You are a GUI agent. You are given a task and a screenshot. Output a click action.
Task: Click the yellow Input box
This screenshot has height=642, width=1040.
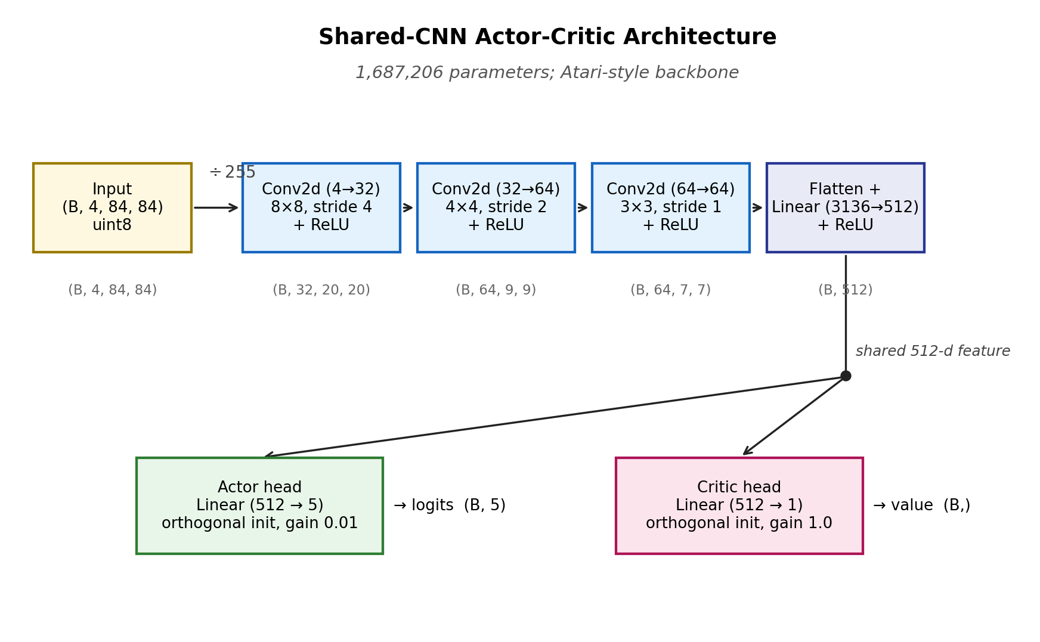click(112, 207)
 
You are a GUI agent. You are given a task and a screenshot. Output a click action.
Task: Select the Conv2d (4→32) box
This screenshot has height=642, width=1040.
click(321, 207)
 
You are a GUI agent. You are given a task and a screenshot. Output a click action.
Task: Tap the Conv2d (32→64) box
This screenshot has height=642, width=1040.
click(496, 207)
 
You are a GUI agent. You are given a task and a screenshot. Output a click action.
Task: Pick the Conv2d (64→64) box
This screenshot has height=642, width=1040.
click(671, 207)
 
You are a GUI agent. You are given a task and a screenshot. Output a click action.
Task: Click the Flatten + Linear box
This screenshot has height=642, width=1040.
click(846, 207)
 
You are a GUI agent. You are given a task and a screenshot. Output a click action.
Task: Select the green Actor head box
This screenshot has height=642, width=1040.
click(259, 505)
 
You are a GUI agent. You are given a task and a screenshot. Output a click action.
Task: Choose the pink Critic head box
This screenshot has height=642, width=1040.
click(739, 505)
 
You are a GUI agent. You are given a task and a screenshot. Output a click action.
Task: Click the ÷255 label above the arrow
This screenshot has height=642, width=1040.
click(233, 173)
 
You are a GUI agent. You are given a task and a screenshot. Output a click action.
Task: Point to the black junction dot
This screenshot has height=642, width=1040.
click(846, 376)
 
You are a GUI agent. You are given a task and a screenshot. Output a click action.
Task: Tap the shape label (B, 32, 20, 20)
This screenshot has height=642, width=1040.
click(321, 290)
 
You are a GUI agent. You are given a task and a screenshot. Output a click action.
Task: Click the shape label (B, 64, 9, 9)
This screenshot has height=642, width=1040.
click(496, 290)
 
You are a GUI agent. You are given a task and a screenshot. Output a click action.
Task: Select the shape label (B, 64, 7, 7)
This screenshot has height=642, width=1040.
click(671, 290)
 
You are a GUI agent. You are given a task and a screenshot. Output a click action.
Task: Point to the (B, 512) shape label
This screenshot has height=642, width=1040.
click(846, 290)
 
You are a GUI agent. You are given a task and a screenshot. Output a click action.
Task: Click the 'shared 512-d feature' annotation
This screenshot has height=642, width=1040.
click(933, 351)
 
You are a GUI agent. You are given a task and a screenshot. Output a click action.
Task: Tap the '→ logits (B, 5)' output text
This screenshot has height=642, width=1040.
click(450, 505)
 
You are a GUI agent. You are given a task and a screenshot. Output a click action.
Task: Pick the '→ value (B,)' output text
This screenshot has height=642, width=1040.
click(922, 505)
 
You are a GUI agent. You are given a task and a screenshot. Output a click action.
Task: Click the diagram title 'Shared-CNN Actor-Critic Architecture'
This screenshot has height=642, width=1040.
click(547, 37)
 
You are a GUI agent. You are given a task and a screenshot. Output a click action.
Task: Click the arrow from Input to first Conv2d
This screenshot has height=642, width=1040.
click(216, 207)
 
